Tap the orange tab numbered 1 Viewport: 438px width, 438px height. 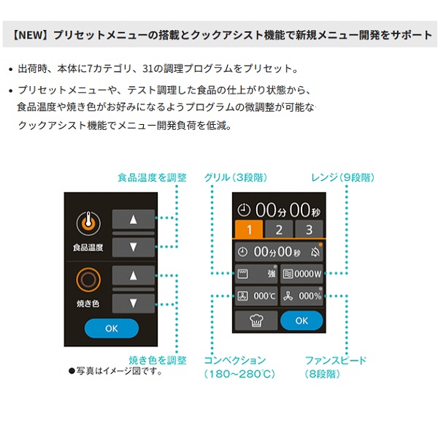click(x=249, y=229)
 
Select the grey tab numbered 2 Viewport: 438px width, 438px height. click(x=279, y=229)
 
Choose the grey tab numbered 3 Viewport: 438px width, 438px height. click(x=309, y=229)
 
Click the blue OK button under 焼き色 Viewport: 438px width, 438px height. click(x=112, y=328)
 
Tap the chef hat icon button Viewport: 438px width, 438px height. click(x=256, y=320)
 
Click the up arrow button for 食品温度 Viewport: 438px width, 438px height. click(x=134, y=219)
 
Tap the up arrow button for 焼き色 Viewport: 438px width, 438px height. click(x=134, y=275)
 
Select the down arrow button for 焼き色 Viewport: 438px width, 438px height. click(x=134, y=304)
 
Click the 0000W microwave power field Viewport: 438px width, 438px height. click(x=301, y=274)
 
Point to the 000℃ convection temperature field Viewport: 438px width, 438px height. click(x=256, y=296)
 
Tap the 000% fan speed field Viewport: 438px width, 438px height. click(x=301, y=296)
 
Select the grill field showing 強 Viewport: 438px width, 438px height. click(x=256, y=274)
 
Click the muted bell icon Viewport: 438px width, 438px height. click(x=315, y=252)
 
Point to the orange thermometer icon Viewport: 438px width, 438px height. click(x=88, y=223)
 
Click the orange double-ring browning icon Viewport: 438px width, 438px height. click(x=88, y=280)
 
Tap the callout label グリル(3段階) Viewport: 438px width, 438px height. click(x=236, y=177)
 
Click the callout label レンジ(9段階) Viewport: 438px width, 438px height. click(x=343, y=177)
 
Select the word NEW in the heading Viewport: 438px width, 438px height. click(x=31, y=35)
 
